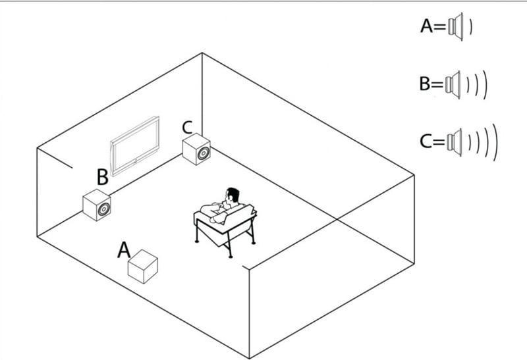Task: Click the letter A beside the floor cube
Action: [x=124, y=250]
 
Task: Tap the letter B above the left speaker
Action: [x=103, y=177]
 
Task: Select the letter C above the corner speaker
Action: [x=187, y=128]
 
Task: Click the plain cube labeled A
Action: [x=143, y=267]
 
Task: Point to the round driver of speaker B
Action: [x=103, y=209]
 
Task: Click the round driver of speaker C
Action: [x=204, y=153]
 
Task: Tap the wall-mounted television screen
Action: [x=135, y=146]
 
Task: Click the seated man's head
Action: [x=233, y=195]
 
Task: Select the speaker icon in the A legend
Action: [x=455, y=26]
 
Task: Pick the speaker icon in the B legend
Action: [x=453, y=85]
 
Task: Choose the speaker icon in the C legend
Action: [x=455, y=142]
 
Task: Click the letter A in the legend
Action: [x=426, y=26]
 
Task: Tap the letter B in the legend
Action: [x=425, y=84]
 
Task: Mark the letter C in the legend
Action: [x=426, y=141]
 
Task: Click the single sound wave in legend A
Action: [x=471, y=26]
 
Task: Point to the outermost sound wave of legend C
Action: [x=495, y=142]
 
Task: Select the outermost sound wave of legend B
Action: [x=485, y=85]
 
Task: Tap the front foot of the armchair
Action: [x=230, y=257]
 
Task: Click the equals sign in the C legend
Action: [x=439, y=141]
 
